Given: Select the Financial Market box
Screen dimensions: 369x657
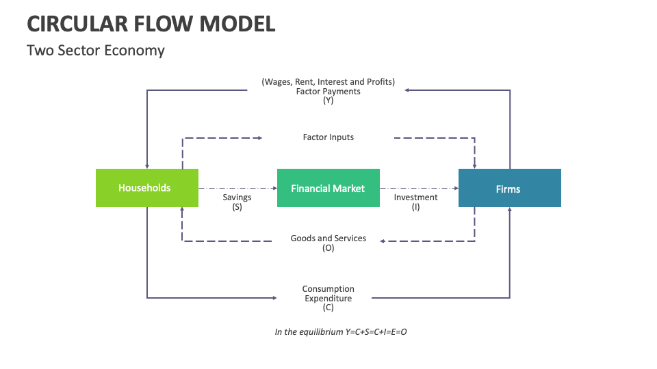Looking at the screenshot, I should click(328, 188).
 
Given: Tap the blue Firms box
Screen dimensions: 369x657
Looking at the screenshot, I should click(509, 189).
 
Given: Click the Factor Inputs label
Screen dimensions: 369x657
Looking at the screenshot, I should click(328, 137).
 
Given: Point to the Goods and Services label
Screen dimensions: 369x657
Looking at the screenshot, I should click(328, 238).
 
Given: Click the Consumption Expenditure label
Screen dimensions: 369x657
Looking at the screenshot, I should click(328, 294).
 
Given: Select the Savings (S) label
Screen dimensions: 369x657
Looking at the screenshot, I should click(237, 202).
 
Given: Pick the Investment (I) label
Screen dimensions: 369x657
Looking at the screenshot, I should click(415, 202).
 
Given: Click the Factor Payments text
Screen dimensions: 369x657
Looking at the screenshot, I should click(328, 92).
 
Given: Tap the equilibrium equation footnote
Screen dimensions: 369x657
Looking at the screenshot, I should click(341, 332).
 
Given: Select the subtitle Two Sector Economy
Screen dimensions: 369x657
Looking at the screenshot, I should click(96, 51).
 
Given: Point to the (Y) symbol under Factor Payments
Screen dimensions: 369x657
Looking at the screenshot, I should click(328, 100).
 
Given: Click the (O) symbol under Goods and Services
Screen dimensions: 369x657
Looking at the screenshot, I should click(328, 248).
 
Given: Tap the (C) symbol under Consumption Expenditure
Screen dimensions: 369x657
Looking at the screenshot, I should click(328, 307).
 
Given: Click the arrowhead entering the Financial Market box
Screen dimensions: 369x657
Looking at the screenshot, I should click(274, 188).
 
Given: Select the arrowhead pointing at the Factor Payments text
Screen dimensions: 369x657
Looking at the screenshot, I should click(407, 90).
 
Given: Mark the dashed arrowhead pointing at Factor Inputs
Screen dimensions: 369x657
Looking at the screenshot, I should click(259, 138).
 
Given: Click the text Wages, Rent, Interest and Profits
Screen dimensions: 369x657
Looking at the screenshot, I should click(328, 82).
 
